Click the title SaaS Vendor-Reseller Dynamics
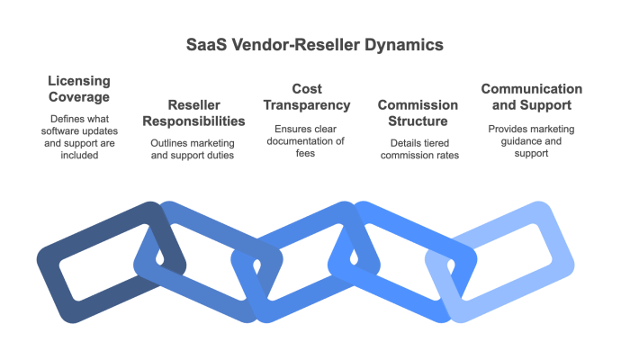point(314,43)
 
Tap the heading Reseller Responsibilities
point(194,112)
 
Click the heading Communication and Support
point(531,97)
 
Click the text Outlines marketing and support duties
point(194,148)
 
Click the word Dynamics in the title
point(404,43)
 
